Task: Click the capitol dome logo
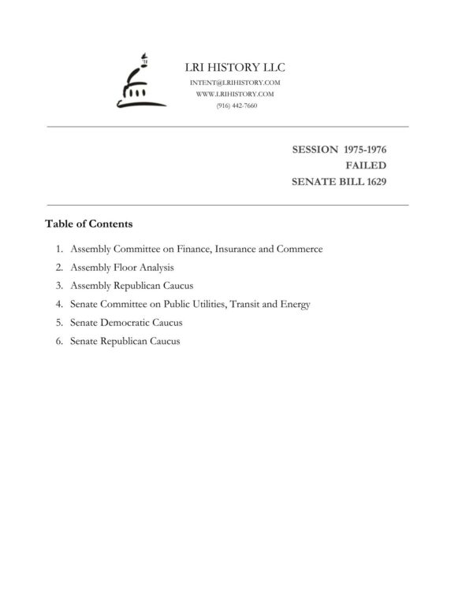pyautogui.click(x=135, y=82)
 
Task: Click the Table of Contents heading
pyautogui.click(x=88, y=224)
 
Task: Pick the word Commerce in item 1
pyautogui.click(x=297, y=249)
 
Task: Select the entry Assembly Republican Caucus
pyautogui.click(x=132, y=285)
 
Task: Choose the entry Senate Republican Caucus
pyautogui.click(x=125, y=340)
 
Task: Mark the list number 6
pyautogui.click(x=59, y=340)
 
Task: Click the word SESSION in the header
pyautogui.click(x=315, y=149)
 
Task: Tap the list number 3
pyautogui.click(x=59, y=285)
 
